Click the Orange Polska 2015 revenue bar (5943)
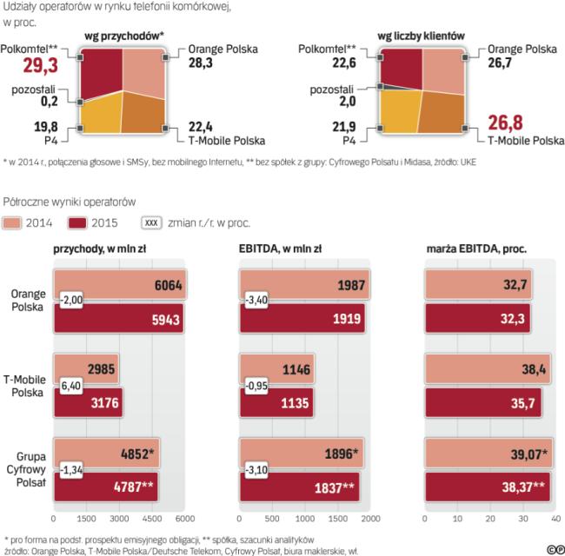[118, 319]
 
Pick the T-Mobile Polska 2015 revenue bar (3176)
[88, 402]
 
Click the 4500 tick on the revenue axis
[153, 519]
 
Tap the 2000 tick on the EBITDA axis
[370, 519]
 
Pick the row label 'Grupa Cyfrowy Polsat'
[26, 469]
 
